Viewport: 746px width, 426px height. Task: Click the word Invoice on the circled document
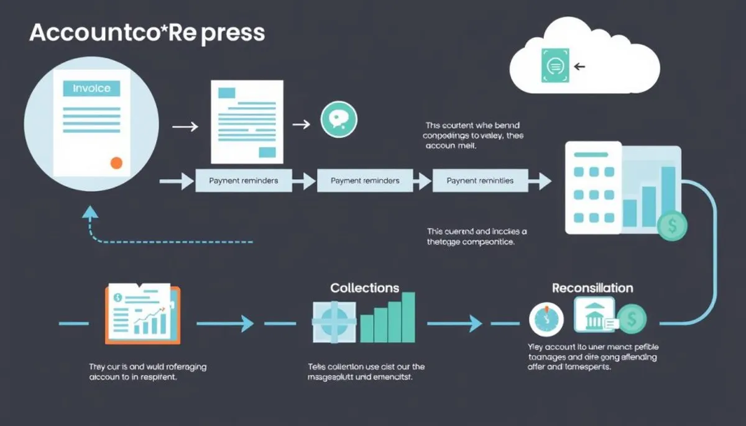pyautogui.click(x=91, y=89)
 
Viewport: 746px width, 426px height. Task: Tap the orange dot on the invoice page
pyautogui.click(x=116, y=163)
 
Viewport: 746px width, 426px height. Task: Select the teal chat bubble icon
pyautogui.click(x=339, y=120)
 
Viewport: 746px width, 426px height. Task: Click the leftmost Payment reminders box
pyautogui.click(x=243, y=181)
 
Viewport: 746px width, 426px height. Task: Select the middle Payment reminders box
pyautogui.click(x=365, y=181)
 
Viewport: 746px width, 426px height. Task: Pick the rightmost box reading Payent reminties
pyautogui.click(x=480, y=181)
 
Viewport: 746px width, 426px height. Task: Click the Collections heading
pyautogui.click(x=364, y=288)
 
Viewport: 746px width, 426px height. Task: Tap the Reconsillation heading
pyautogui.click(x=592, y=288)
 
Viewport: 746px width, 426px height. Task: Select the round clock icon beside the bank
pyautogui.click(x=546, y=320)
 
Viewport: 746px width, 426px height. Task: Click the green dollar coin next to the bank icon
pyautogui.click(x=632, y=320)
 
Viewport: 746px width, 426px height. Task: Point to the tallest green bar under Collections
pyautogui.click(x=408, y=317)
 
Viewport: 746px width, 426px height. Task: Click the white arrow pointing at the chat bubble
pyautogui.click(x=301, y=124)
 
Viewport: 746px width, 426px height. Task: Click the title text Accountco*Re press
pyautogui.click(x=147, y=33)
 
